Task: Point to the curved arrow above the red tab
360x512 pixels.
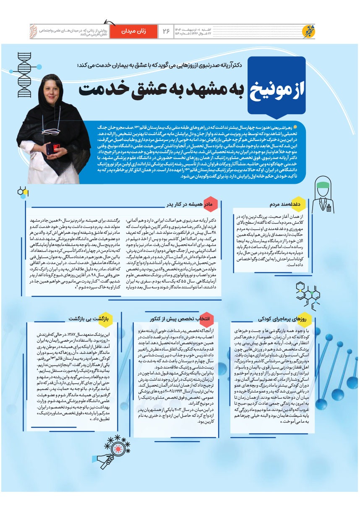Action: (x=111, y=24)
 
